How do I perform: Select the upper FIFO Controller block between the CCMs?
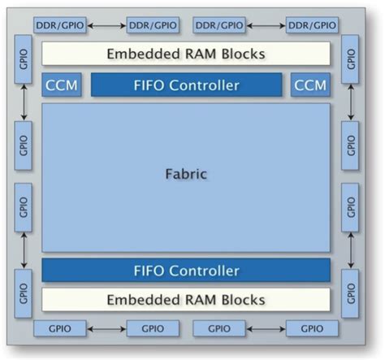tap(186, 85)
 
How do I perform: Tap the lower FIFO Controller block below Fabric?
tap(186, 270)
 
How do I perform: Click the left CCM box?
tap(62, 85)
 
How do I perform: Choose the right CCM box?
tap(310, 85)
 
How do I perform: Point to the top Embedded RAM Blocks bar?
tap(186, 54)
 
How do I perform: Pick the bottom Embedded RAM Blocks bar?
tap(186, 299)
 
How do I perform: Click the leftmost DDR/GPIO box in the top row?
tap(59, 26)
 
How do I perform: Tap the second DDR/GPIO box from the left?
tap(153, 26)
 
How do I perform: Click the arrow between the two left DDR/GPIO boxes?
tap(106, 26)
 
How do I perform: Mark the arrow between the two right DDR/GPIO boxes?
tap(265, 26)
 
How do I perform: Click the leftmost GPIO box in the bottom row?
tap(59, 329)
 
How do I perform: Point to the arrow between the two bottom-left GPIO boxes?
tap(106, 329)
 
